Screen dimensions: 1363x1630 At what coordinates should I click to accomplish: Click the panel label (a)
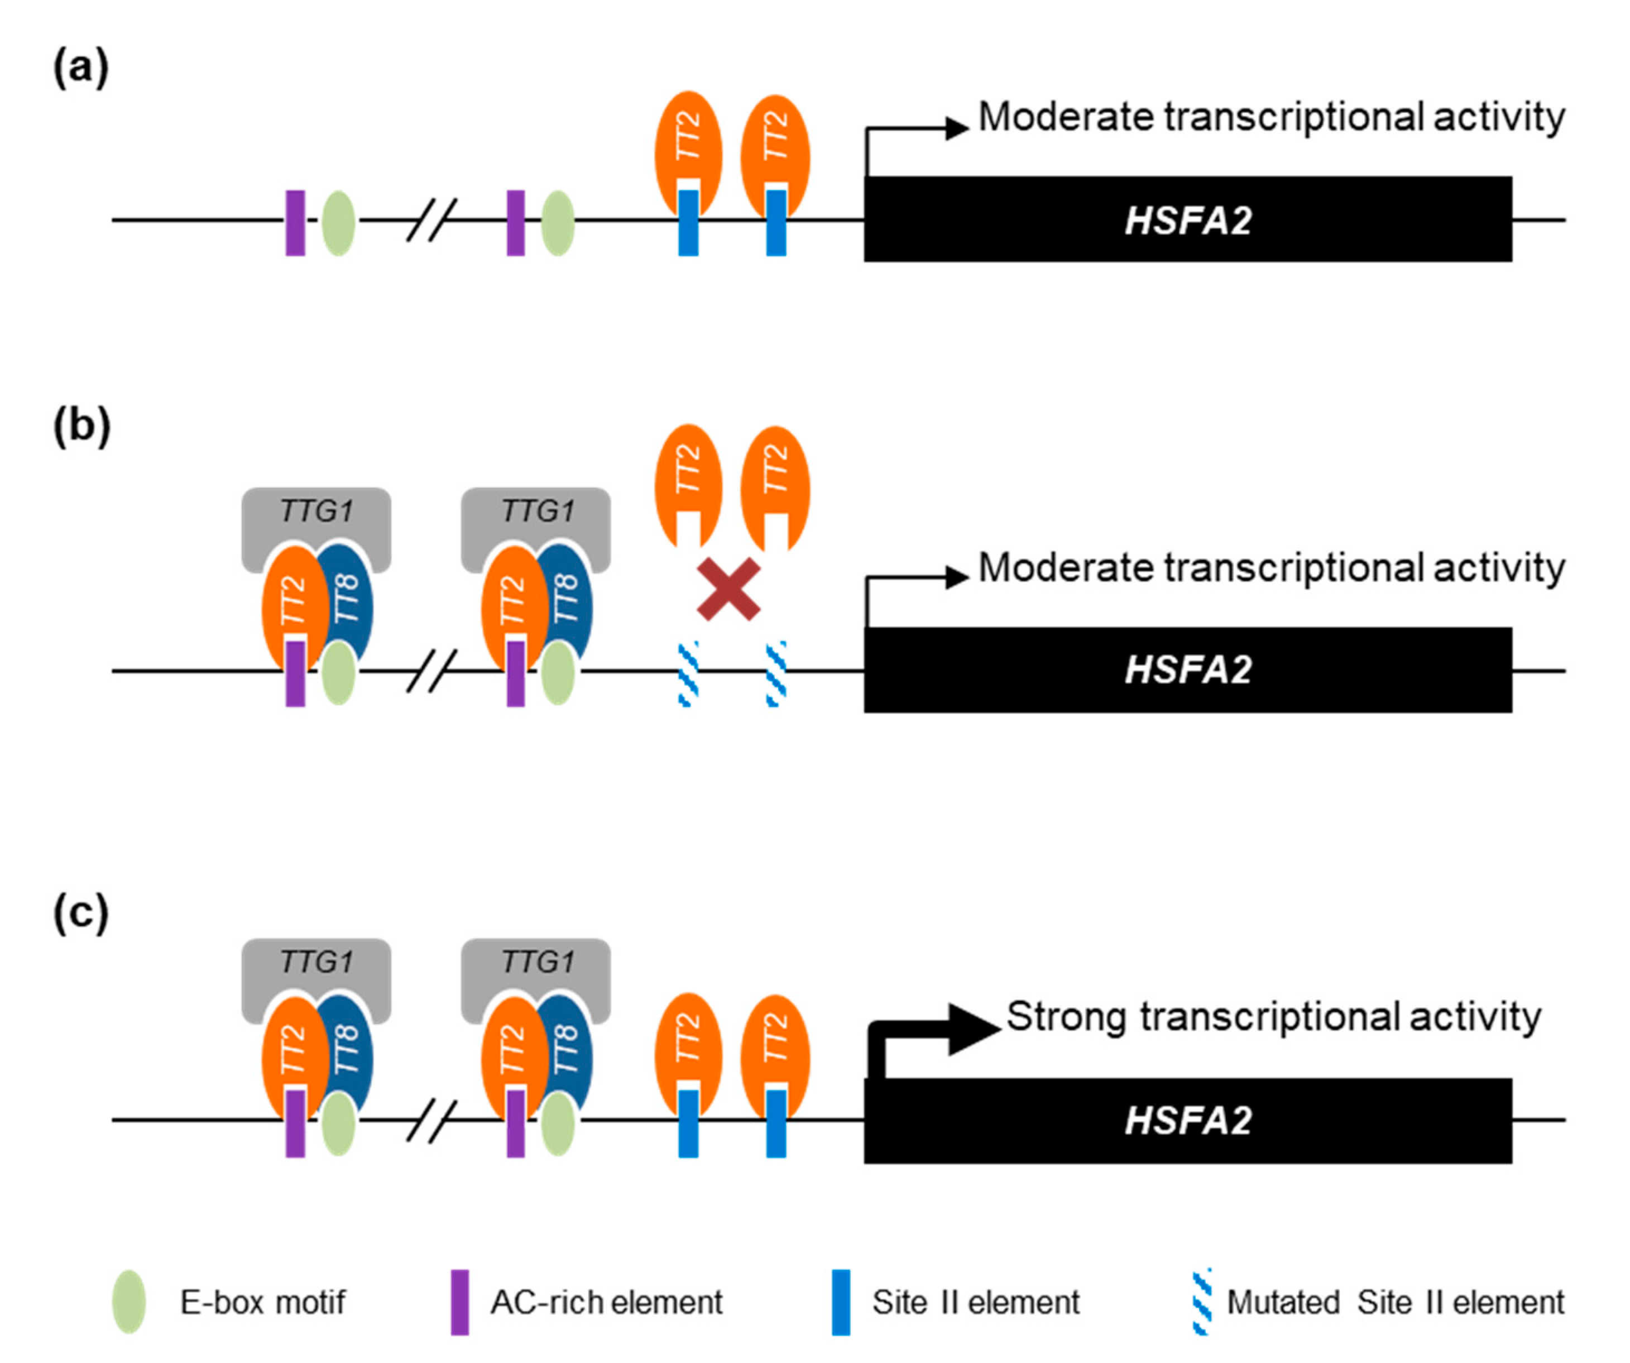point(81,68)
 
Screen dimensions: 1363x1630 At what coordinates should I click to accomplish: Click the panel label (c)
point(81,912)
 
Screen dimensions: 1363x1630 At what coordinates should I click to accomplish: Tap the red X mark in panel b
point(728,589)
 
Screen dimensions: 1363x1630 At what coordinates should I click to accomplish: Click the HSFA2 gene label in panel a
point(1187,221)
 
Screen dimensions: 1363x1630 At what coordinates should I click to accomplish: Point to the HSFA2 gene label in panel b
point(1187,670)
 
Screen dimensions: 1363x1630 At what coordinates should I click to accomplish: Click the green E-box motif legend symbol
point(129,1302)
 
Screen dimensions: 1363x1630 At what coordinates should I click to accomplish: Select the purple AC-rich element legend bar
point(459,1302)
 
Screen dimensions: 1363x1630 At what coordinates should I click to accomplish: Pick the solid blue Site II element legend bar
point(841,1302)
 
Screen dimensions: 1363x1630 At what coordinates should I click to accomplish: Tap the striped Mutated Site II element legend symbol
point(1201,1302)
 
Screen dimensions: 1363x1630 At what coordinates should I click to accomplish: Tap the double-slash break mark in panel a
point(432,221)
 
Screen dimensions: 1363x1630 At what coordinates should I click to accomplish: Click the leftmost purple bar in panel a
point(295,223)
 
